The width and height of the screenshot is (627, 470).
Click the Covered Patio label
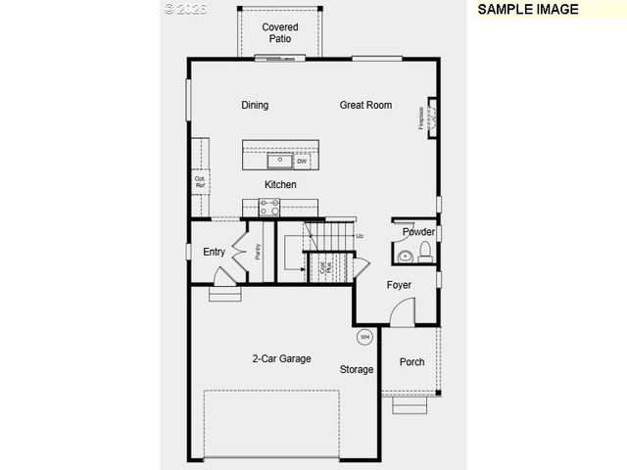[x=280, y=33]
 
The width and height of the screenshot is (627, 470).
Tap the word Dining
[x=255, y=106]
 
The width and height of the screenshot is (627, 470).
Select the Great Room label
[x=365, y=106]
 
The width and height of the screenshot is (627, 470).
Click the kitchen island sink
[x=280, y=160]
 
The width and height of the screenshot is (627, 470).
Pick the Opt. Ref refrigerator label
[x=200, y=182]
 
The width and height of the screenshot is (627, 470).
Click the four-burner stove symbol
[x=269, y=206]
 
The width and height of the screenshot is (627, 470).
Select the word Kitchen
[x=280, y=185]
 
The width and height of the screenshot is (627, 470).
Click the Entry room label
[x=214, y=253]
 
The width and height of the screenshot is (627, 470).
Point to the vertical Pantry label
[x=258, y=252]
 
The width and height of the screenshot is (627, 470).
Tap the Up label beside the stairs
[x=360, y=236]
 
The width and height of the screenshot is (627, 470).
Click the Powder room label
[x=418, y=232]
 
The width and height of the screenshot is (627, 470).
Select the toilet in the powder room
[x=425, y=254]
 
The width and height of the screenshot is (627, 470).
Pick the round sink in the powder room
[x=405, y=257]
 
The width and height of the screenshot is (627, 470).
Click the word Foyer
[x=399, y=285]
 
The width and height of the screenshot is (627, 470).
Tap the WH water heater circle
[x=364, y=337]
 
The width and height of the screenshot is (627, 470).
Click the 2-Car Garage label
[x=281, y=359]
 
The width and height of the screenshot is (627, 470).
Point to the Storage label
[x=357, y=370]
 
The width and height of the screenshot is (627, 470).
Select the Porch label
[x=412, y=362]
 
